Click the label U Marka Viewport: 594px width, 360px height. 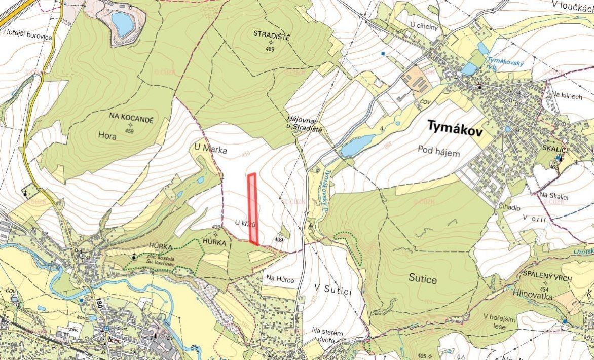210,150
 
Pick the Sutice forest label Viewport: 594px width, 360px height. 423,279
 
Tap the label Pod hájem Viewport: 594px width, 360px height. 439,151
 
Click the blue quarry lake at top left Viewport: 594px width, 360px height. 121,23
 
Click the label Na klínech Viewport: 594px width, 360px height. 567,95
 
